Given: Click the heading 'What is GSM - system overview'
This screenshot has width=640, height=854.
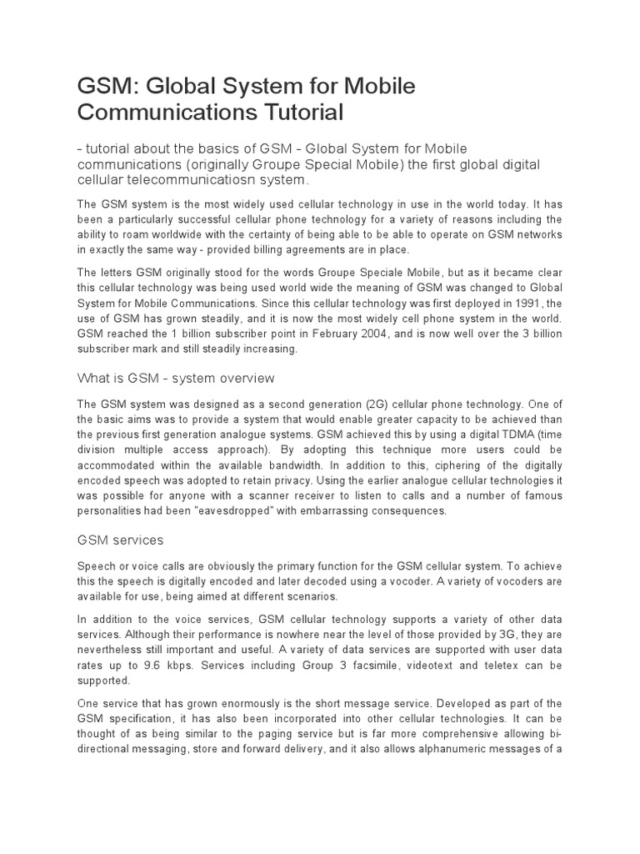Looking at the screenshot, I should (x=176, y=379).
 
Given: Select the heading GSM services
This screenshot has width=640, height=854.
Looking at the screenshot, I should (x=122, y=540).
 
